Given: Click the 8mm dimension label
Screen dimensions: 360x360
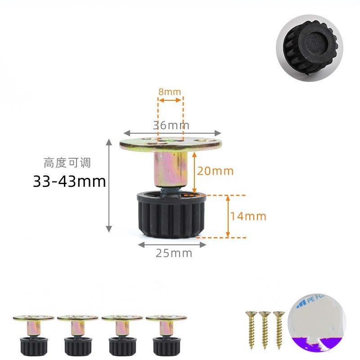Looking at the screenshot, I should click(x=170, y=92).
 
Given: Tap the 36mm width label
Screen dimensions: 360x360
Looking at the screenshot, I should click(x=171, y=125).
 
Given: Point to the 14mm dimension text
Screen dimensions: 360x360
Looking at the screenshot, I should click(x=248, y=216).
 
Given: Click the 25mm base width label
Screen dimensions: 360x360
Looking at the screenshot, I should click(x=174, y=253).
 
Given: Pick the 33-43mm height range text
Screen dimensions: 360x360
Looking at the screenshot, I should click(x=69, y=182).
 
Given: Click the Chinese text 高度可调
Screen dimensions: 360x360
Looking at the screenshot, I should click(x=67, y=162).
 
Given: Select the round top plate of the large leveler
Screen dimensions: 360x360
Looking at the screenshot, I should click(x=171, y=144).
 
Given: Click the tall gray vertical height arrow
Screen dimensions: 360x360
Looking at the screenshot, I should click(x=108, y=186).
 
